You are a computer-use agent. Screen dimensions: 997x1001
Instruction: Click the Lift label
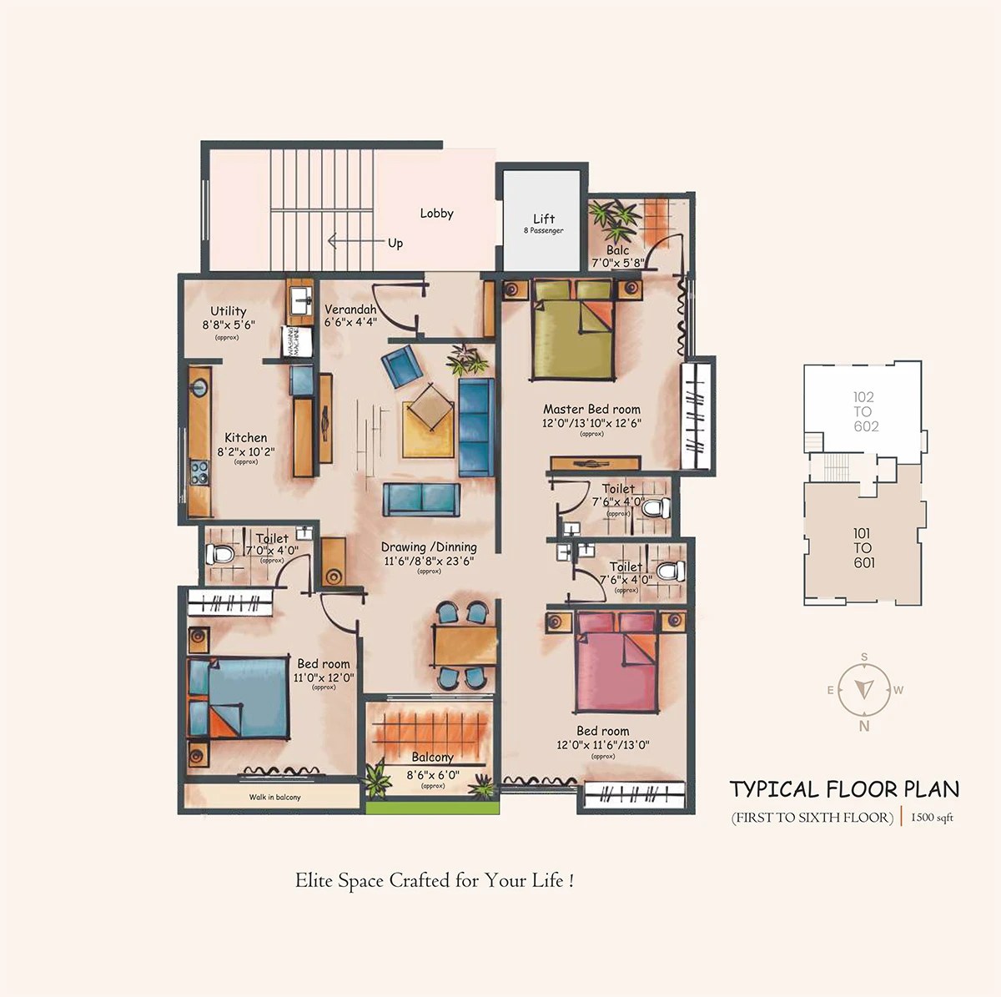coord(544,219)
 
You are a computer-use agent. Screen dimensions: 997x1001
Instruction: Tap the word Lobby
coord(436,214)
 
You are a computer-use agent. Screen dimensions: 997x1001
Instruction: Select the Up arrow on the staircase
coord(350,242)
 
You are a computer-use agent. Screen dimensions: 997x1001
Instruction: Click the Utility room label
coord(228,311)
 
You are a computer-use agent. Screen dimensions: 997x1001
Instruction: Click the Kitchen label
coord(246,437)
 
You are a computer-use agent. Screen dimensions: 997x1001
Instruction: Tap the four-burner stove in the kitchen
coord(199,473)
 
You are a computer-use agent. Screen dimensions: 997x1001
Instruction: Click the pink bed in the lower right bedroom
coord(616,663)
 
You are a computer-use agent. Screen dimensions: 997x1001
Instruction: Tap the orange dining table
coord(465,646)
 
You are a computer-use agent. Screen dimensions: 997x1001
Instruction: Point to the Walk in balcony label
coord(274,797)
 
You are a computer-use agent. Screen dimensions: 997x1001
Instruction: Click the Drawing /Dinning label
coord(429,547)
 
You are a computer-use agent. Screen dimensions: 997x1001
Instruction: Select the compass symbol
coord(864,690)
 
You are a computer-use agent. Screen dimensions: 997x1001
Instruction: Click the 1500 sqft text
coord(932,818)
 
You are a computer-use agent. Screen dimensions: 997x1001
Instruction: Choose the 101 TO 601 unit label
coord(863,547)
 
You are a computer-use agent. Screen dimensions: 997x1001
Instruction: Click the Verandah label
coord(350,310)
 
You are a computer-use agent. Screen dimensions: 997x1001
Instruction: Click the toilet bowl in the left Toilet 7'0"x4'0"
coord(222,554)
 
